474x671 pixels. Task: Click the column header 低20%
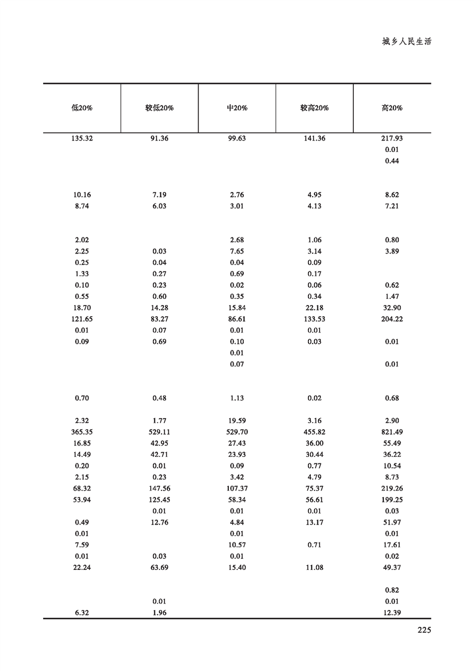pos(82,108)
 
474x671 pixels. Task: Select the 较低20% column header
pos(160,108)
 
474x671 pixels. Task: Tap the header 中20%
pos(237,108)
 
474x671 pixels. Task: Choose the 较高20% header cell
pos(314,108)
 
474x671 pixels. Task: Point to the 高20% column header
pos(392,108)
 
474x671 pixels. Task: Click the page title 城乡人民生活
pos(406,42)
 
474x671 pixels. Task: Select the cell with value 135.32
pos(82,138)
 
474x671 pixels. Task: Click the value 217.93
pos(392,138)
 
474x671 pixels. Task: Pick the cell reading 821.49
pos(392,432)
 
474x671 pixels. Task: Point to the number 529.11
pos(160,432)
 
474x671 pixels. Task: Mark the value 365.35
pos(82,432)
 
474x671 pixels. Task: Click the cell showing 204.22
pos(392,319)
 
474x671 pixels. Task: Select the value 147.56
pos(160,489)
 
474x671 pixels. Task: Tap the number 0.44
pos(392,161)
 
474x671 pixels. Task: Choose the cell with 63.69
pos(160,568)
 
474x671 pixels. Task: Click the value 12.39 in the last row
pos(392,613)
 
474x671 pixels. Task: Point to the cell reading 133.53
pos(314,319)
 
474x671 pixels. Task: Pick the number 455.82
pos(314,432)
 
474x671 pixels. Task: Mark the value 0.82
pos(392,590)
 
